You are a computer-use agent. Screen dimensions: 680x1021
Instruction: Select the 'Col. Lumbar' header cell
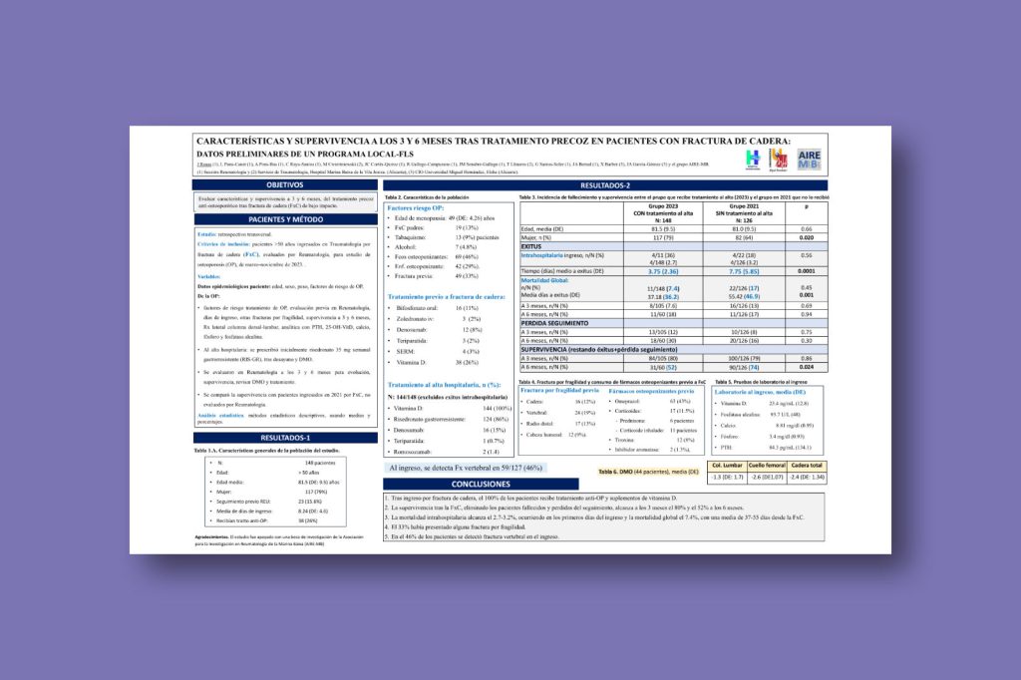pyautogui.click(x=727, y=465)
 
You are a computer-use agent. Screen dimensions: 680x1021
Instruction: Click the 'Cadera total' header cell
pyautogui.click(x=807, y=465)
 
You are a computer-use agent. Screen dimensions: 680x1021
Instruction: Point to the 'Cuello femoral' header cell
pyautogui.click(x=767, y=465)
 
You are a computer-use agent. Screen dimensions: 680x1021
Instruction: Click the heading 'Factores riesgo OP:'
pyautogui.click(x=416, y=206)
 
